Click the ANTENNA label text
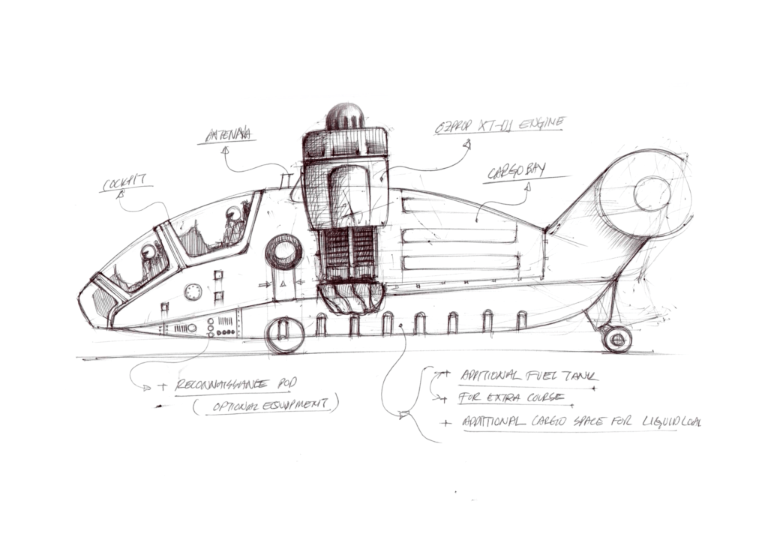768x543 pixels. point(226,136)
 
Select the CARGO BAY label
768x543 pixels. point(516,172)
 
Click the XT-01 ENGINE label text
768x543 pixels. point(500,124)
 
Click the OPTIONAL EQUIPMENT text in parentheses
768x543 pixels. point(264,405)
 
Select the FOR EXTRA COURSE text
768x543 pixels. point(502,397)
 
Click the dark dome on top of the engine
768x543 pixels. point(345,116)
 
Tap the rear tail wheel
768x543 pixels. point(616,339)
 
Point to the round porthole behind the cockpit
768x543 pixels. point(283,252)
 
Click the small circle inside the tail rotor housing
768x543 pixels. point(651,193)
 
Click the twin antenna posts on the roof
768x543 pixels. point(283,181)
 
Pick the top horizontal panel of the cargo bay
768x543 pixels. point(459,205)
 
